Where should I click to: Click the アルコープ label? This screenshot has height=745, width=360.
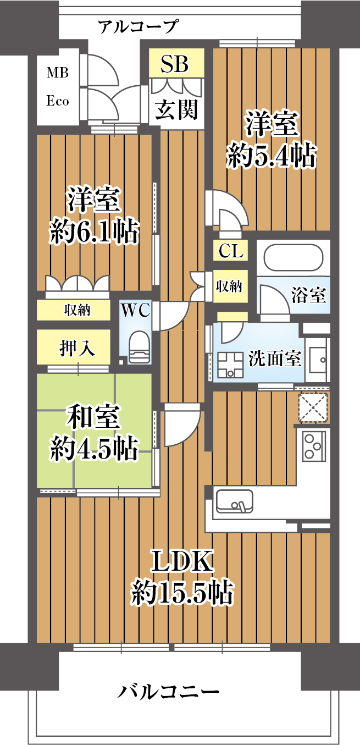tap(137, 26)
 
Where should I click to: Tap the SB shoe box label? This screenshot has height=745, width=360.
tap(175, 64)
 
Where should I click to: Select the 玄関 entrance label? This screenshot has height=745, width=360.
tap(176, 109)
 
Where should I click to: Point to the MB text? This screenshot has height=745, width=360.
tap(58, 73)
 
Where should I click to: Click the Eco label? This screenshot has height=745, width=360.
tap(58, 101)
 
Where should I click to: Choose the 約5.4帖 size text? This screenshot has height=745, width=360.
tap(272, 155)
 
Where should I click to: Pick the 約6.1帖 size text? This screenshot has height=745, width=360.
tap(94, 231)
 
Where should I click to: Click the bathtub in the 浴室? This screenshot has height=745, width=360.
tap(293, 258)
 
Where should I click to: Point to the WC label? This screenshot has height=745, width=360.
tap(136, 310)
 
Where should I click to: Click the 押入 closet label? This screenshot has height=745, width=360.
tap(77, 348)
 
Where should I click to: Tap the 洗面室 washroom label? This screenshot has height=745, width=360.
tap(275, 358)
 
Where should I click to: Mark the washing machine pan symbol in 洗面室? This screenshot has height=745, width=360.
tap(230, 365)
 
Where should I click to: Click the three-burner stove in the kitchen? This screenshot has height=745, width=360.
tap(314, 446)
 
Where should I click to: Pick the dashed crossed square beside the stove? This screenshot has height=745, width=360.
tap(313, 407)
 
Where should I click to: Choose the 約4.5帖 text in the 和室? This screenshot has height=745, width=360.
tap(94, 448)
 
